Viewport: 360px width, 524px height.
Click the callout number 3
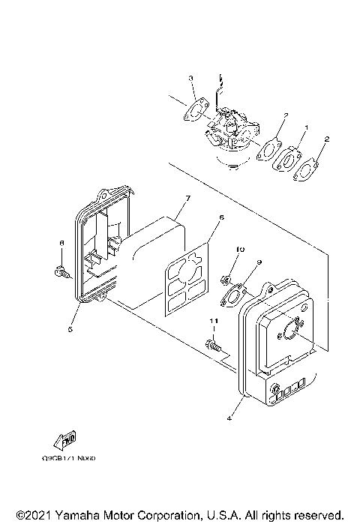[191, 78]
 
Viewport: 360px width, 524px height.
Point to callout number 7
[188, 198]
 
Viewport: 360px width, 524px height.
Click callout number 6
[220, 217]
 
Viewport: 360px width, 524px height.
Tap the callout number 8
[61, 243]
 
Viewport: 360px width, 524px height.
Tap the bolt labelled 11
[211, 346]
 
